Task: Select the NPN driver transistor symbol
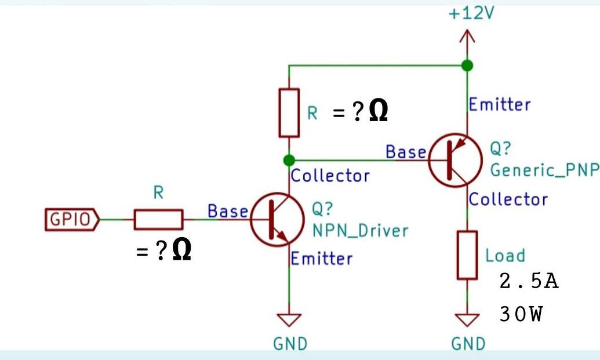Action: [277, 220]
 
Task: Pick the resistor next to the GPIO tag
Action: [158, 220]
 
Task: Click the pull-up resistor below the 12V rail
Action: [289, 112]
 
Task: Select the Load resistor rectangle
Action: [467, 254]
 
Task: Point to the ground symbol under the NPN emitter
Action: [289, 320]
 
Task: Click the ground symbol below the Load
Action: [467, 320]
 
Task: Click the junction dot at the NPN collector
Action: [289, 159]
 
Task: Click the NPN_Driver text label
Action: [360, 230]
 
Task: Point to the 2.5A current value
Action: [528, 282]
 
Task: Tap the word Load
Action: [504, 255]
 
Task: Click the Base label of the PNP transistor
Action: [406, 152]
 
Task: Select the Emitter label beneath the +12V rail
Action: [499, 105]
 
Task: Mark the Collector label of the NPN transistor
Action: [330, 175]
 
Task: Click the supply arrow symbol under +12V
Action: [467, 38]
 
